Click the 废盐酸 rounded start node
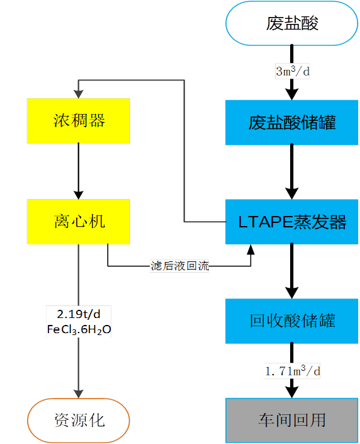(x=291, y=23)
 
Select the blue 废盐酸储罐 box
(x=291, y=122)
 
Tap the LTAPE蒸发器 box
(x=291, y=222)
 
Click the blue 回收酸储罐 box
(x=291, y=321)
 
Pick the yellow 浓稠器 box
(x=78, y=120)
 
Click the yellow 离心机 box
(x=78, y=222)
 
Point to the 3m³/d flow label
(x=292, y=71)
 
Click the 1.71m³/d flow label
(x=292, y=370)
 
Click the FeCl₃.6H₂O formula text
(x=78, y=329)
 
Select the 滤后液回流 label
(x=180, y=266)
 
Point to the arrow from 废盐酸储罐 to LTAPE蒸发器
(x=291, y=170)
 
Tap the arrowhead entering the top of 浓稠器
(x=78, y=93)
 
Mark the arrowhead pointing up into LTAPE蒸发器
(x=250, y=250)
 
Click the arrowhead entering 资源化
(x=78, y=394)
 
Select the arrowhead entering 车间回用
(x=291, y=392)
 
